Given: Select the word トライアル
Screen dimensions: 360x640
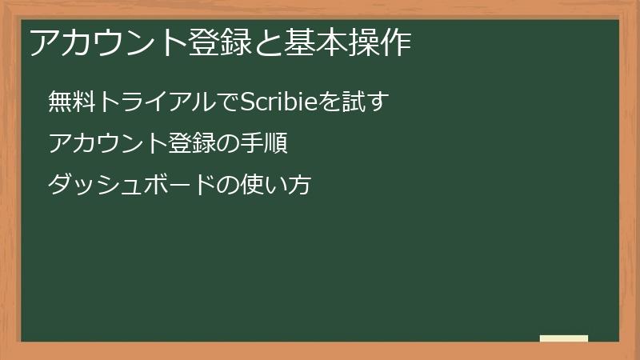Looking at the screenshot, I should (x=153, y=102).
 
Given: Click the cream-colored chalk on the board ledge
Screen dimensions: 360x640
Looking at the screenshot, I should (x=564, y=338).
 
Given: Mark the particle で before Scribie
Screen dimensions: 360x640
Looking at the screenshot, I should (x=226, y=102).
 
